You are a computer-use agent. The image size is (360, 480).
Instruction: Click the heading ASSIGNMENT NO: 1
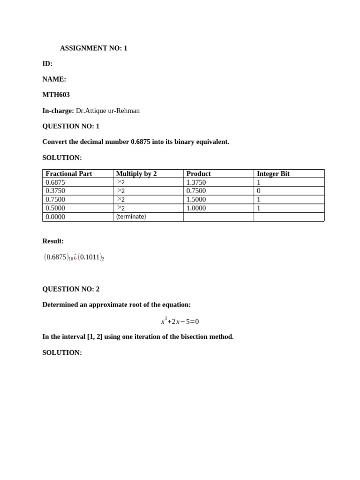(93, 48)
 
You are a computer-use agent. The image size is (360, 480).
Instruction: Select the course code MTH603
(56, 95)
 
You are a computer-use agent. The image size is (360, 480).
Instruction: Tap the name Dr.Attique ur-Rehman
(107, 111)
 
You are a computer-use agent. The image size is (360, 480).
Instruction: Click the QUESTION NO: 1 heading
(71, 126)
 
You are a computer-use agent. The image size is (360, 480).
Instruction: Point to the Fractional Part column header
(68, 174)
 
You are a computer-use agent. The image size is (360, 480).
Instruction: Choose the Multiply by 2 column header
(136, 174)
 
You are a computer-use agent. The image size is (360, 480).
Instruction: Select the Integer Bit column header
(273, 174)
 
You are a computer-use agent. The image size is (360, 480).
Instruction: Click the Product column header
(199, 174)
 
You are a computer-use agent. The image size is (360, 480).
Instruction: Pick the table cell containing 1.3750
(196, 182)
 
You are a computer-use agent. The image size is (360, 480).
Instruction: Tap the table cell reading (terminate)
(131, 217)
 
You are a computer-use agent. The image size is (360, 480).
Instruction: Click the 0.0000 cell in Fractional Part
(55, 217)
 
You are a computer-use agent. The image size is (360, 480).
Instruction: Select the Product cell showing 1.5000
(196, 199)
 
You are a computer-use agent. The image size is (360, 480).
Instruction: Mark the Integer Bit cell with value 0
(259, 191)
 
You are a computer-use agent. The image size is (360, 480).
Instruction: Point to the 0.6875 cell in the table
(55, 182)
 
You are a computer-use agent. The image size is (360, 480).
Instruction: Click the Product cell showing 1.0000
(196, 208)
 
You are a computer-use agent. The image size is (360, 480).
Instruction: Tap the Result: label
(53, 241)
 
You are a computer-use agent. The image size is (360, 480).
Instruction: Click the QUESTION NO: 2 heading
(71, 289)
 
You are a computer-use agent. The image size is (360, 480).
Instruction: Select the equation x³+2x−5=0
(180, 321)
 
